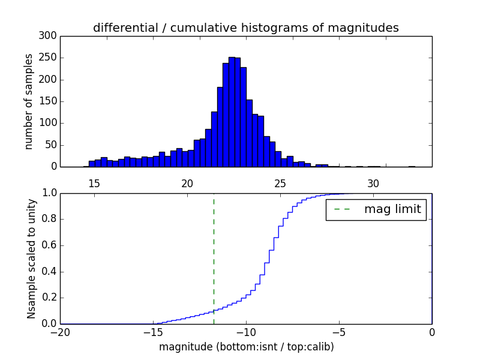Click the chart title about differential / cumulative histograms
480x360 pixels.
245,28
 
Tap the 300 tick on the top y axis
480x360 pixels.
50,36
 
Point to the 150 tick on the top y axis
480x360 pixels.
50,101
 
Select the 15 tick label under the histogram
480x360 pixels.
94,184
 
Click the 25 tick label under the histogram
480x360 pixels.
280,184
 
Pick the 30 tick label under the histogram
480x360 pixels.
373,184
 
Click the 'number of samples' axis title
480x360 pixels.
29,101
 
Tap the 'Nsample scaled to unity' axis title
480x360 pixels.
31,259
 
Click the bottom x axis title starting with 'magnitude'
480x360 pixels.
246,347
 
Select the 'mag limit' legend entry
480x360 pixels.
376,210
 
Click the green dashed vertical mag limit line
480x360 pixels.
214,258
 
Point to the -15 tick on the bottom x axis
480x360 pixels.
153,332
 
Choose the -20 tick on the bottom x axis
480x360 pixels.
60,332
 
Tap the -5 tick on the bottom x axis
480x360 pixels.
339,332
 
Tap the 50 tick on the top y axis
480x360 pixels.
52,145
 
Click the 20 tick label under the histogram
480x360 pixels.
187,184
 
